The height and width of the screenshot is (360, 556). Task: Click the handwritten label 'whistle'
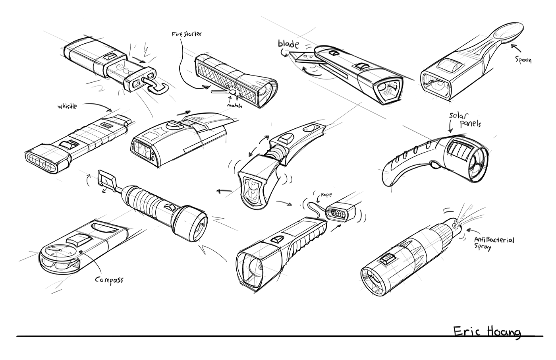pos(67,106)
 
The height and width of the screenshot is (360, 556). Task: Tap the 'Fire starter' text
pos(186,34)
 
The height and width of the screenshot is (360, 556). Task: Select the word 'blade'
pos(288,43)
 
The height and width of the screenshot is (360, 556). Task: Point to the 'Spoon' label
pos(523,60)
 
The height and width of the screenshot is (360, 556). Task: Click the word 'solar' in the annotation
pos(457,116)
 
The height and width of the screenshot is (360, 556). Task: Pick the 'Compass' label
pos(109,279)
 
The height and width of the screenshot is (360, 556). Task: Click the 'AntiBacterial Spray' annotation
pos(494,243)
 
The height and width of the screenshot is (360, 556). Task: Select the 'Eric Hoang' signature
pos(487,332)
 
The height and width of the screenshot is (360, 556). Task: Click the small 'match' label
pos(235,105)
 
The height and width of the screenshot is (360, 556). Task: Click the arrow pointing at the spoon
pos(514,48)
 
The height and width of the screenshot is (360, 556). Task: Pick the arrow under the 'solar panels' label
pos(450,127)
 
